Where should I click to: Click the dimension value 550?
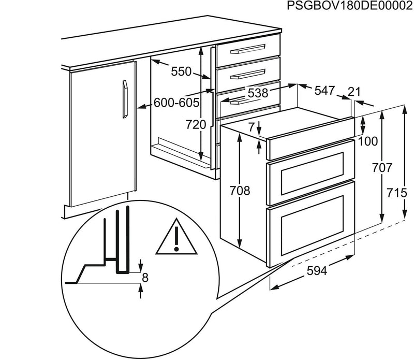pos(181,72)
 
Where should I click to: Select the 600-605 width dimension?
pos(176,103)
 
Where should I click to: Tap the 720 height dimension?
pos(196,124)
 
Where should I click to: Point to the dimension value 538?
pos(257,93)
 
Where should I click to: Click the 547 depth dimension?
pos(324,91)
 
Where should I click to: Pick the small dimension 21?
pos(354,92)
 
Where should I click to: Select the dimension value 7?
pos(252,126)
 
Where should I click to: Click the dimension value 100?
pos(368,141)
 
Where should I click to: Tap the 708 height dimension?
pos(240,191)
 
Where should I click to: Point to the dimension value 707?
pos(381,168)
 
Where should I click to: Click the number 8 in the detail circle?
pos(145,278)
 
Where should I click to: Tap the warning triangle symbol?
pos(176,240)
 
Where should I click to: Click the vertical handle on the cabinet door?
pos(124,99)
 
